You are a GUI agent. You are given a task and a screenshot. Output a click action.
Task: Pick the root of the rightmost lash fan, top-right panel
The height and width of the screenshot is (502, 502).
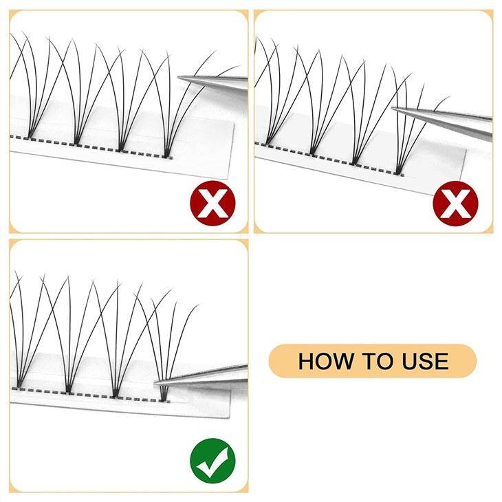(398, 170)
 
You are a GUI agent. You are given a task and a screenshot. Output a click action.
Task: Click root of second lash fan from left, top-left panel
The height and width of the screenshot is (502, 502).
(76, 142)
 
